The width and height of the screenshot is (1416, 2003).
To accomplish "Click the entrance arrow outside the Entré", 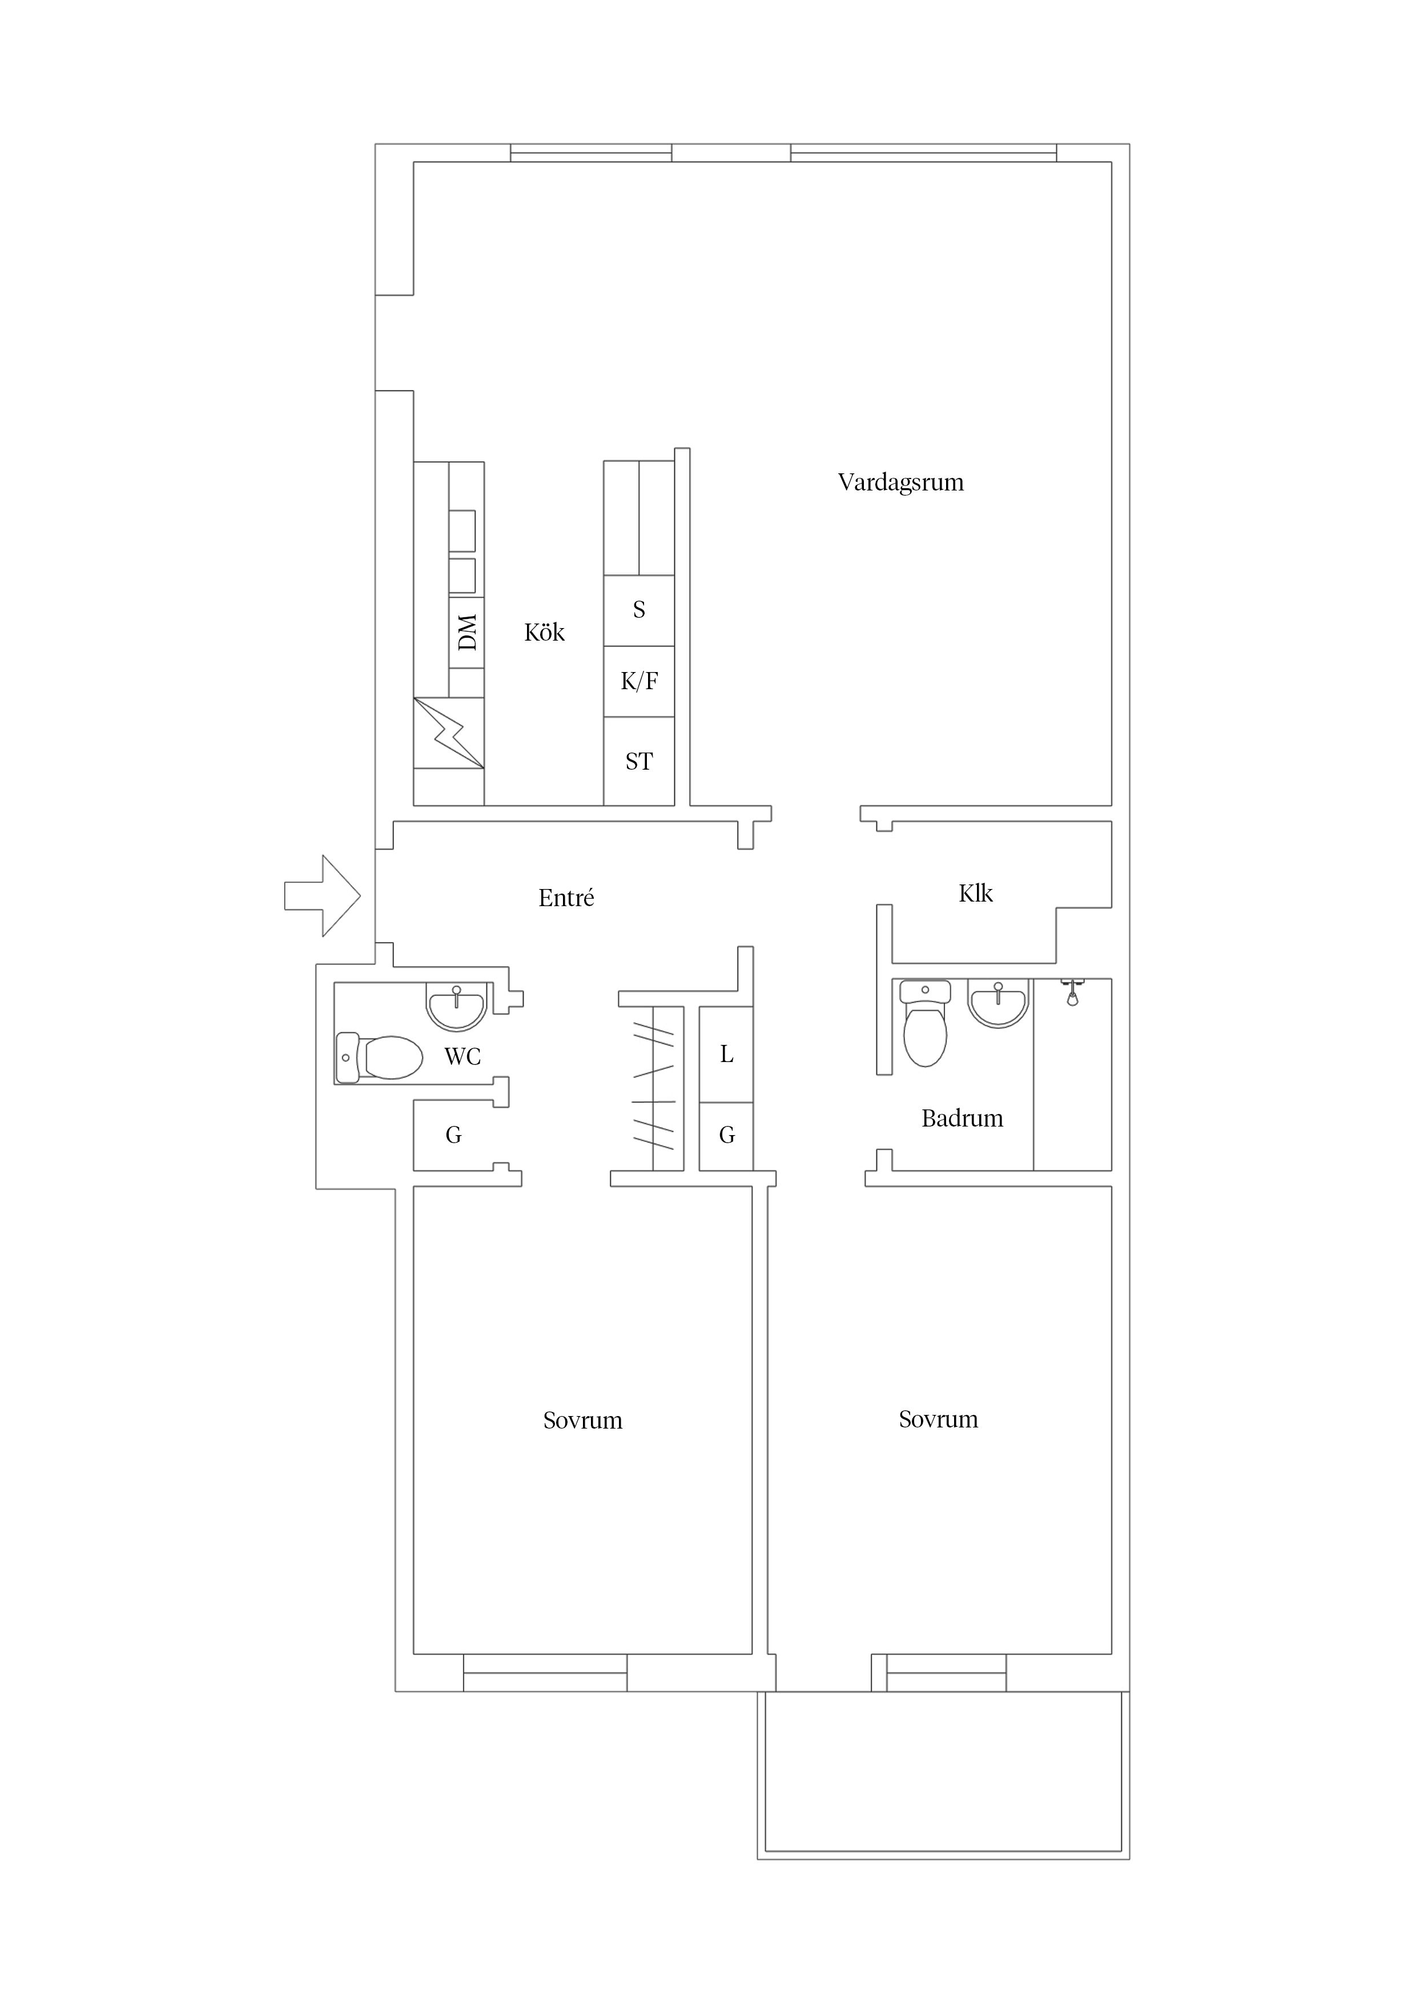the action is click(322, 896).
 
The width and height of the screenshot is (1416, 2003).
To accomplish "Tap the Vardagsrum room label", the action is click(900, 482).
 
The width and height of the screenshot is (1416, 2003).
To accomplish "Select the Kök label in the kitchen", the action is click(544, 633).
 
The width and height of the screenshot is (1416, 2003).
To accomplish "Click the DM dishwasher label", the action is click(468, 633).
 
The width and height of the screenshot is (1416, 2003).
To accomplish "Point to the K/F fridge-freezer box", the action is click(639, 681).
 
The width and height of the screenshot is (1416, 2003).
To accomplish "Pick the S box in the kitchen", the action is click(639, 611).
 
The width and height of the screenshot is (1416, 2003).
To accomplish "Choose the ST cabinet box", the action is click(639, 761).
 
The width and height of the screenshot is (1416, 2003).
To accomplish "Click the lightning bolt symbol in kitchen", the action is click(448, 733).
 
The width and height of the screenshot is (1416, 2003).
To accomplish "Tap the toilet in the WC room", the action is click(379, 1057).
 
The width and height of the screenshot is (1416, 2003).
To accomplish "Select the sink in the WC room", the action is click(456, 1006).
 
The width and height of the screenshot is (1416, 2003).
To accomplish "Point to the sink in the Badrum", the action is click(998, 1003).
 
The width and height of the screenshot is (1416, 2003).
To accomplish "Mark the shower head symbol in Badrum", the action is click(1072, 992).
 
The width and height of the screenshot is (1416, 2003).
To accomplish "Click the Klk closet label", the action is click(975, 894).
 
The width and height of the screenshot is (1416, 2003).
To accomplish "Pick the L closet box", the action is click(726, 1054).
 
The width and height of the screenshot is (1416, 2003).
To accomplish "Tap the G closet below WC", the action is click(454, 1135).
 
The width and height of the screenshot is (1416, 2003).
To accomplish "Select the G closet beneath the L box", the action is click(726, 1136).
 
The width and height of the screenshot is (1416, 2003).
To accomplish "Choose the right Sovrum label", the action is click(938, 1420).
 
